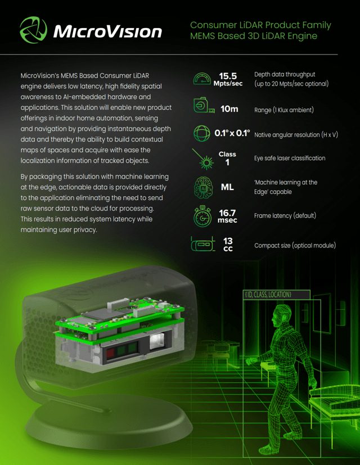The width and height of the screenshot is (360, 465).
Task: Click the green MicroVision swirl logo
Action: (33, 30)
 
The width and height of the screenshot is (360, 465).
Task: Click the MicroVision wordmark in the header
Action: (107, 31)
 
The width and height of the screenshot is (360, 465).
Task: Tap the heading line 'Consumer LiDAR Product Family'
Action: (260, 25)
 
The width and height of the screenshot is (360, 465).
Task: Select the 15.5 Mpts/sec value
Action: (228, 79)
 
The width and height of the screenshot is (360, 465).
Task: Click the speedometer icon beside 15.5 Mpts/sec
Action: (202, 79)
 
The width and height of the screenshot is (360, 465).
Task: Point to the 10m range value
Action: (229, 109)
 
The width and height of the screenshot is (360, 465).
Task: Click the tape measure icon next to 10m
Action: (204, 105)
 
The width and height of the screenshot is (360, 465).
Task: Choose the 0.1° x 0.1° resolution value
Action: (232, 133)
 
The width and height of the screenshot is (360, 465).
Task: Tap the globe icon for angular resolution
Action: (202, 133)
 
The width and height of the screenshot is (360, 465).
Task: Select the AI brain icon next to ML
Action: (203, 187)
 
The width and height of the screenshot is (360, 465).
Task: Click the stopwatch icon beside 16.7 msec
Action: (202, 216)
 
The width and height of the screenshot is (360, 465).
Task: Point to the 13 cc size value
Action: (228, 245)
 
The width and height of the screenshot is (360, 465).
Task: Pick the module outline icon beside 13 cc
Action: (203, 244)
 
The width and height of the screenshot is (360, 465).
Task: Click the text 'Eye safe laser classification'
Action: (289, 159)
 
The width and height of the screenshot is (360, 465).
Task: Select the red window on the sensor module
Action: (110, 353)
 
